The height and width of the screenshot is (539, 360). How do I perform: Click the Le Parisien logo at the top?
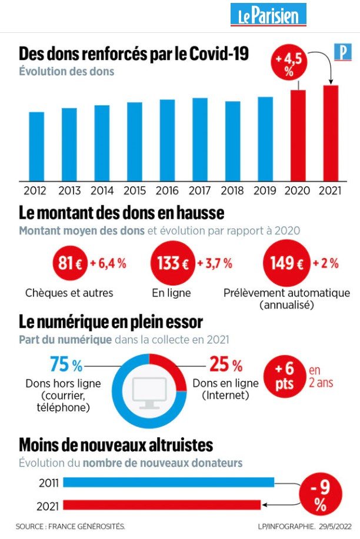268,15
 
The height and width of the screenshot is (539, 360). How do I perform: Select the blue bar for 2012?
36,146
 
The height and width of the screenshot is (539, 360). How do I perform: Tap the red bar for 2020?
298,135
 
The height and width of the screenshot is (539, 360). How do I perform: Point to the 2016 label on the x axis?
167,190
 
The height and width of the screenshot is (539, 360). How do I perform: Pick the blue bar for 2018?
232,141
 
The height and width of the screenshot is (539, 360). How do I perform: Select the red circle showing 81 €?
69,263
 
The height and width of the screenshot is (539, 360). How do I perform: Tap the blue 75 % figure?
65,365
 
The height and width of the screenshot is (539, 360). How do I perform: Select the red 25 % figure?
226,365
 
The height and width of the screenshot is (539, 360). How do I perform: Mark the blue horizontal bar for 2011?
168,483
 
